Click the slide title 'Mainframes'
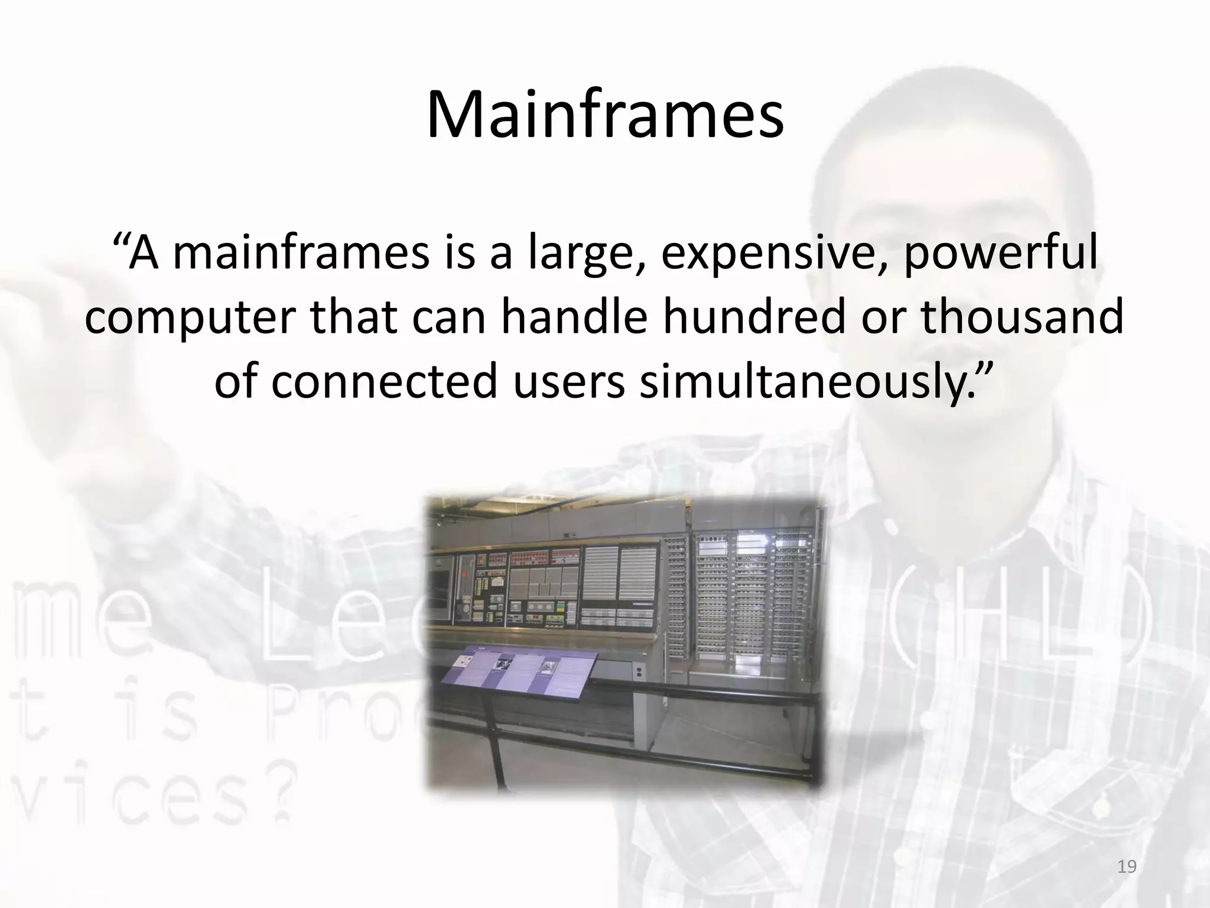coord(605,115)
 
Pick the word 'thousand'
coord(1022,317)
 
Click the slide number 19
coord(1127,867)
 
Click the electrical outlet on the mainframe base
coord(638,672)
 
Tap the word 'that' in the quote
coord(353,317)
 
